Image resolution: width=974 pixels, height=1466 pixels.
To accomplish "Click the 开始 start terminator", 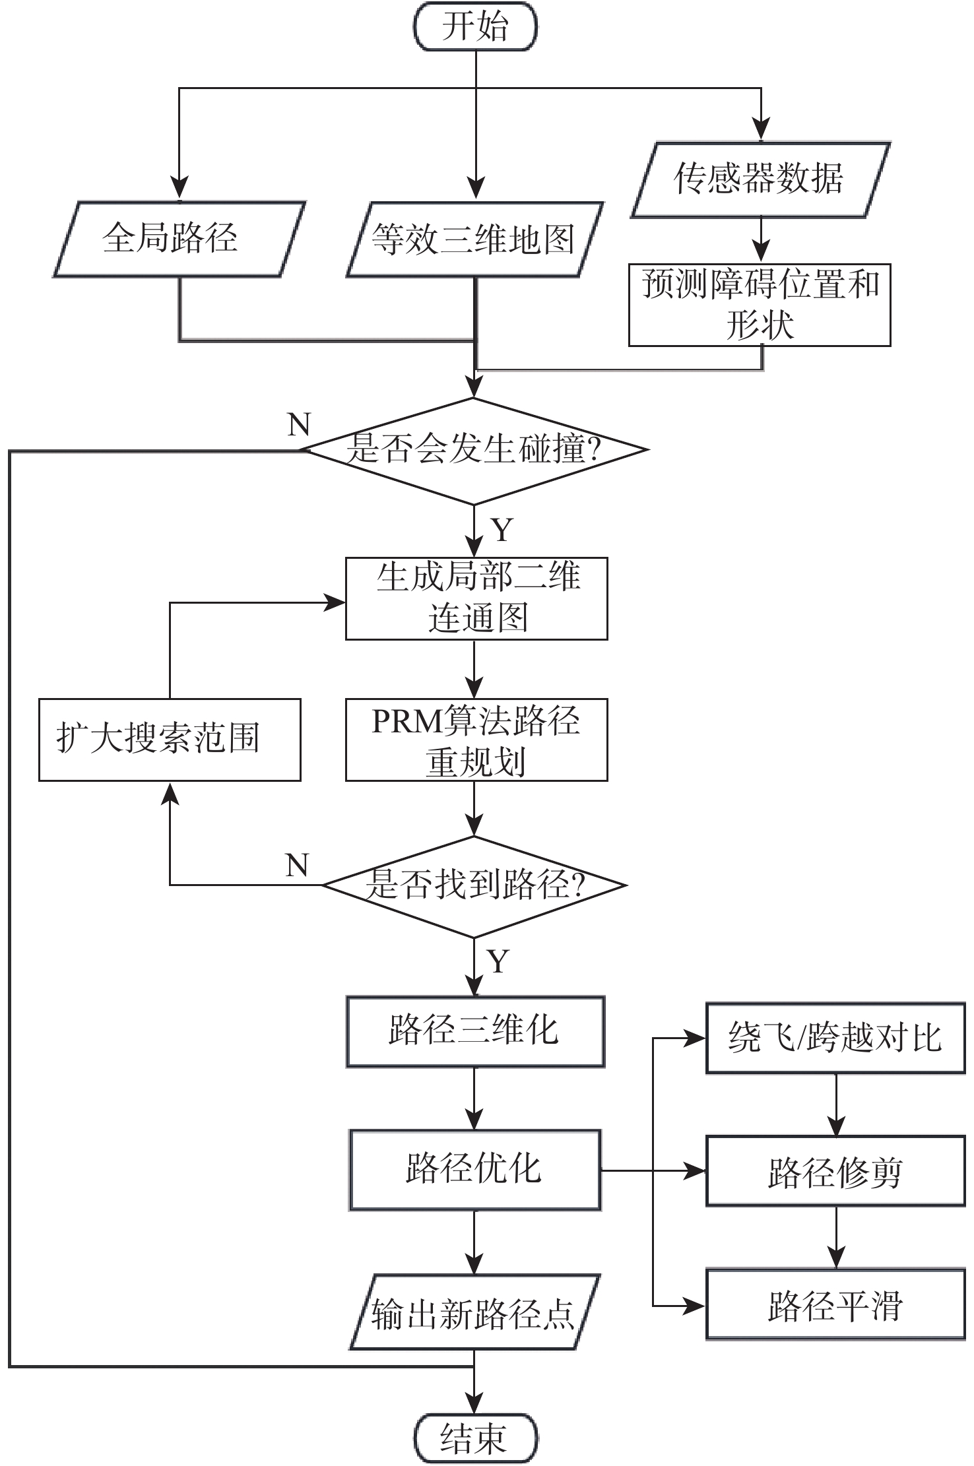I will coord(475,26).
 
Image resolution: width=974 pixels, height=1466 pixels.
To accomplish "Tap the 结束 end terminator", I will coord(475,1438).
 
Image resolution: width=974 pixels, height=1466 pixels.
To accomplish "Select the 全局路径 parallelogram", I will coord(178,239).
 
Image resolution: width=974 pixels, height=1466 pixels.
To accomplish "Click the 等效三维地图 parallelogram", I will coord(474,239).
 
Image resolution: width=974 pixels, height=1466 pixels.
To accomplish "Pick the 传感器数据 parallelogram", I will coord(760,179).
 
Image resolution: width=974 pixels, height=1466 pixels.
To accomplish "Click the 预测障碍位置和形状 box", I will coord(760,305).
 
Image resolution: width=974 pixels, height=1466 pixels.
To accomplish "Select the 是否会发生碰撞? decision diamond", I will coord(474,451).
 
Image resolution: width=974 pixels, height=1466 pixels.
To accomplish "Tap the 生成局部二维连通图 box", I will coord(476,598).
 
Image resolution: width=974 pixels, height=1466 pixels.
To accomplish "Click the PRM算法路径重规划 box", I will coord(476,740).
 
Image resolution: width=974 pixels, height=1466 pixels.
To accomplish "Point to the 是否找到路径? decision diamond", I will coord(474,885).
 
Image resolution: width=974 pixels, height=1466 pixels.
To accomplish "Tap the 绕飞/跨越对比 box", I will coord(835,1038).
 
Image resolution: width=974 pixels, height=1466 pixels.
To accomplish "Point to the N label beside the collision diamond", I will coord(299,424).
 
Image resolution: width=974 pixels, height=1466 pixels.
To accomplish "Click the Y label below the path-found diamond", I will coord(499,962).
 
